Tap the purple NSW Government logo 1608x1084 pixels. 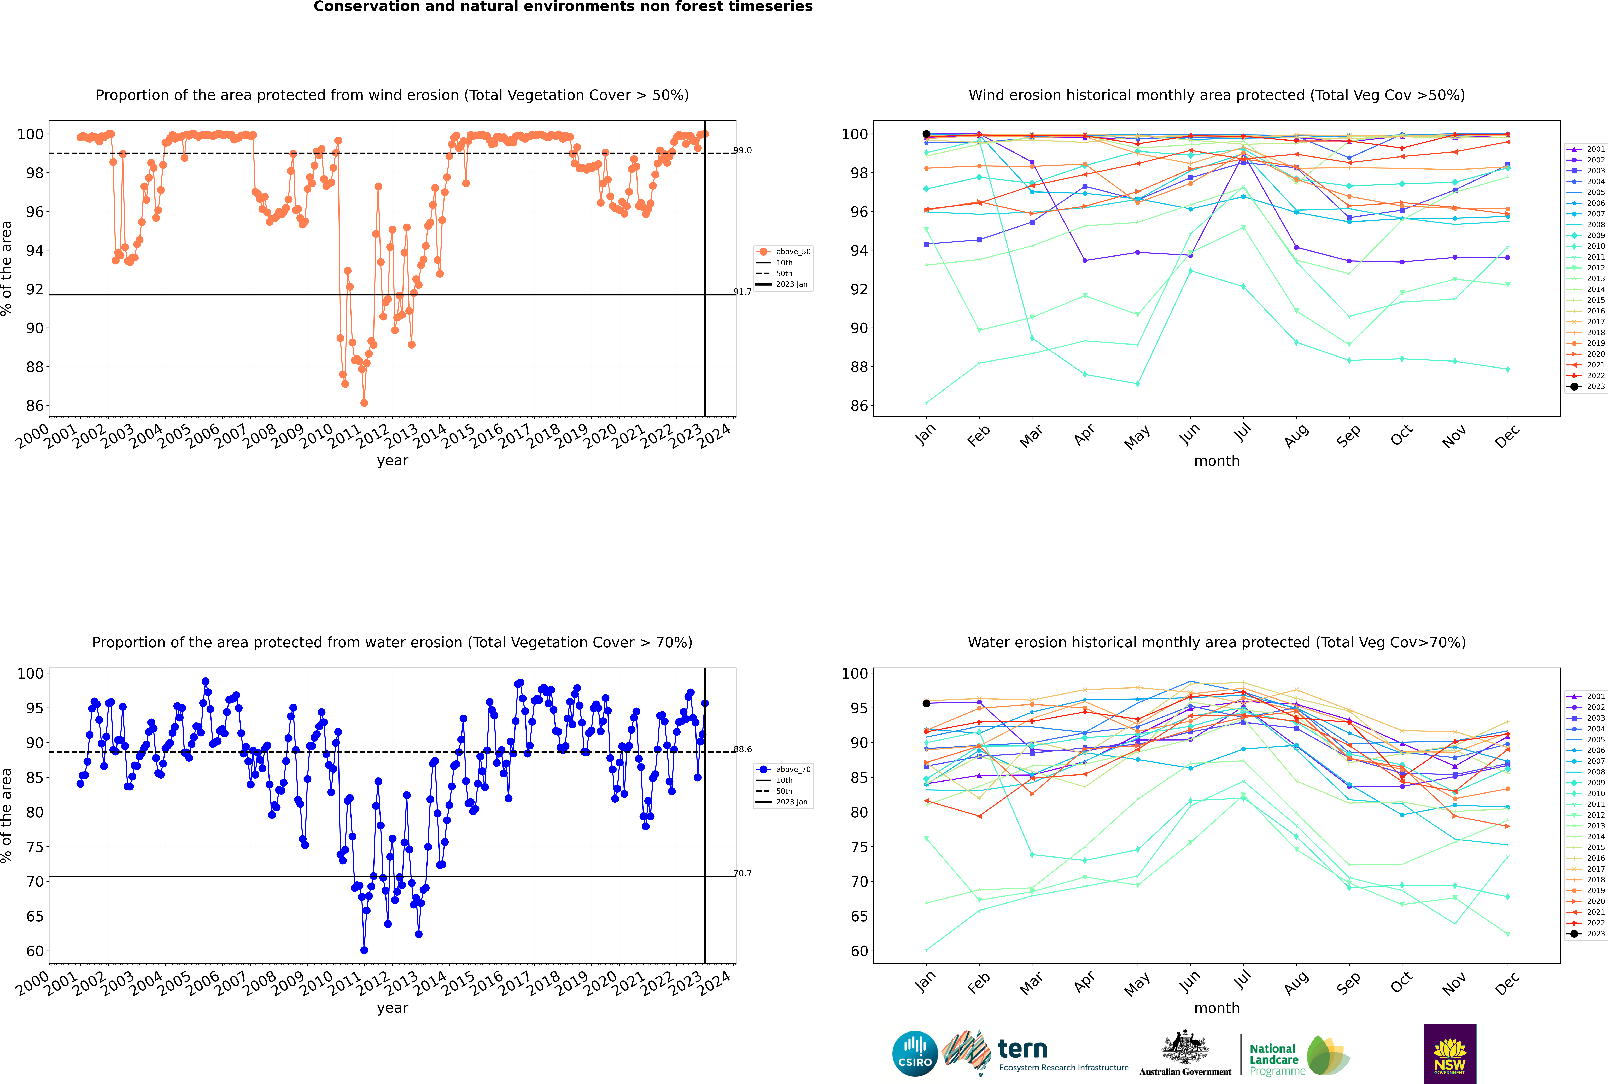point(1450,1053)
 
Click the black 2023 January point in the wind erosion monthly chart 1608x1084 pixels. point(926,134)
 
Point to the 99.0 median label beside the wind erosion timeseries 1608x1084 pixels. point(742,150)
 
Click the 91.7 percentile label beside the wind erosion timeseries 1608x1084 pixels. point(742,292)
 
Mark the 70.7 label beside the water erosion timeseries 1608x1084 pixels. point(742,873)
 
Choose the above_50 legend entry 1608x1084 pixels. point(783,252)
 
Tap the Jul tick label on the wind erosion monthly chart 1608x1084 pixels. point(1242,433)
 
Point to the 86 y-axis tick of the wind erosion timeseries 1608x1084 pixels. point(34,406)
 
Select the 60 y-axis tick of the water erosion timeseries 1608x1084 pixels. point(34,951)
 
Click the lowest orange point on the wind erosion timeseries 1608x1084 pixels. point(364,403)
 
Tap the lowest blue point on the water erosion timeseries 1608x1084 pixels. point(364,951)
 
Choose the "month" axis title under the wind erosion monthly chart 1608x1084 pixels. point(1217,461)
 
